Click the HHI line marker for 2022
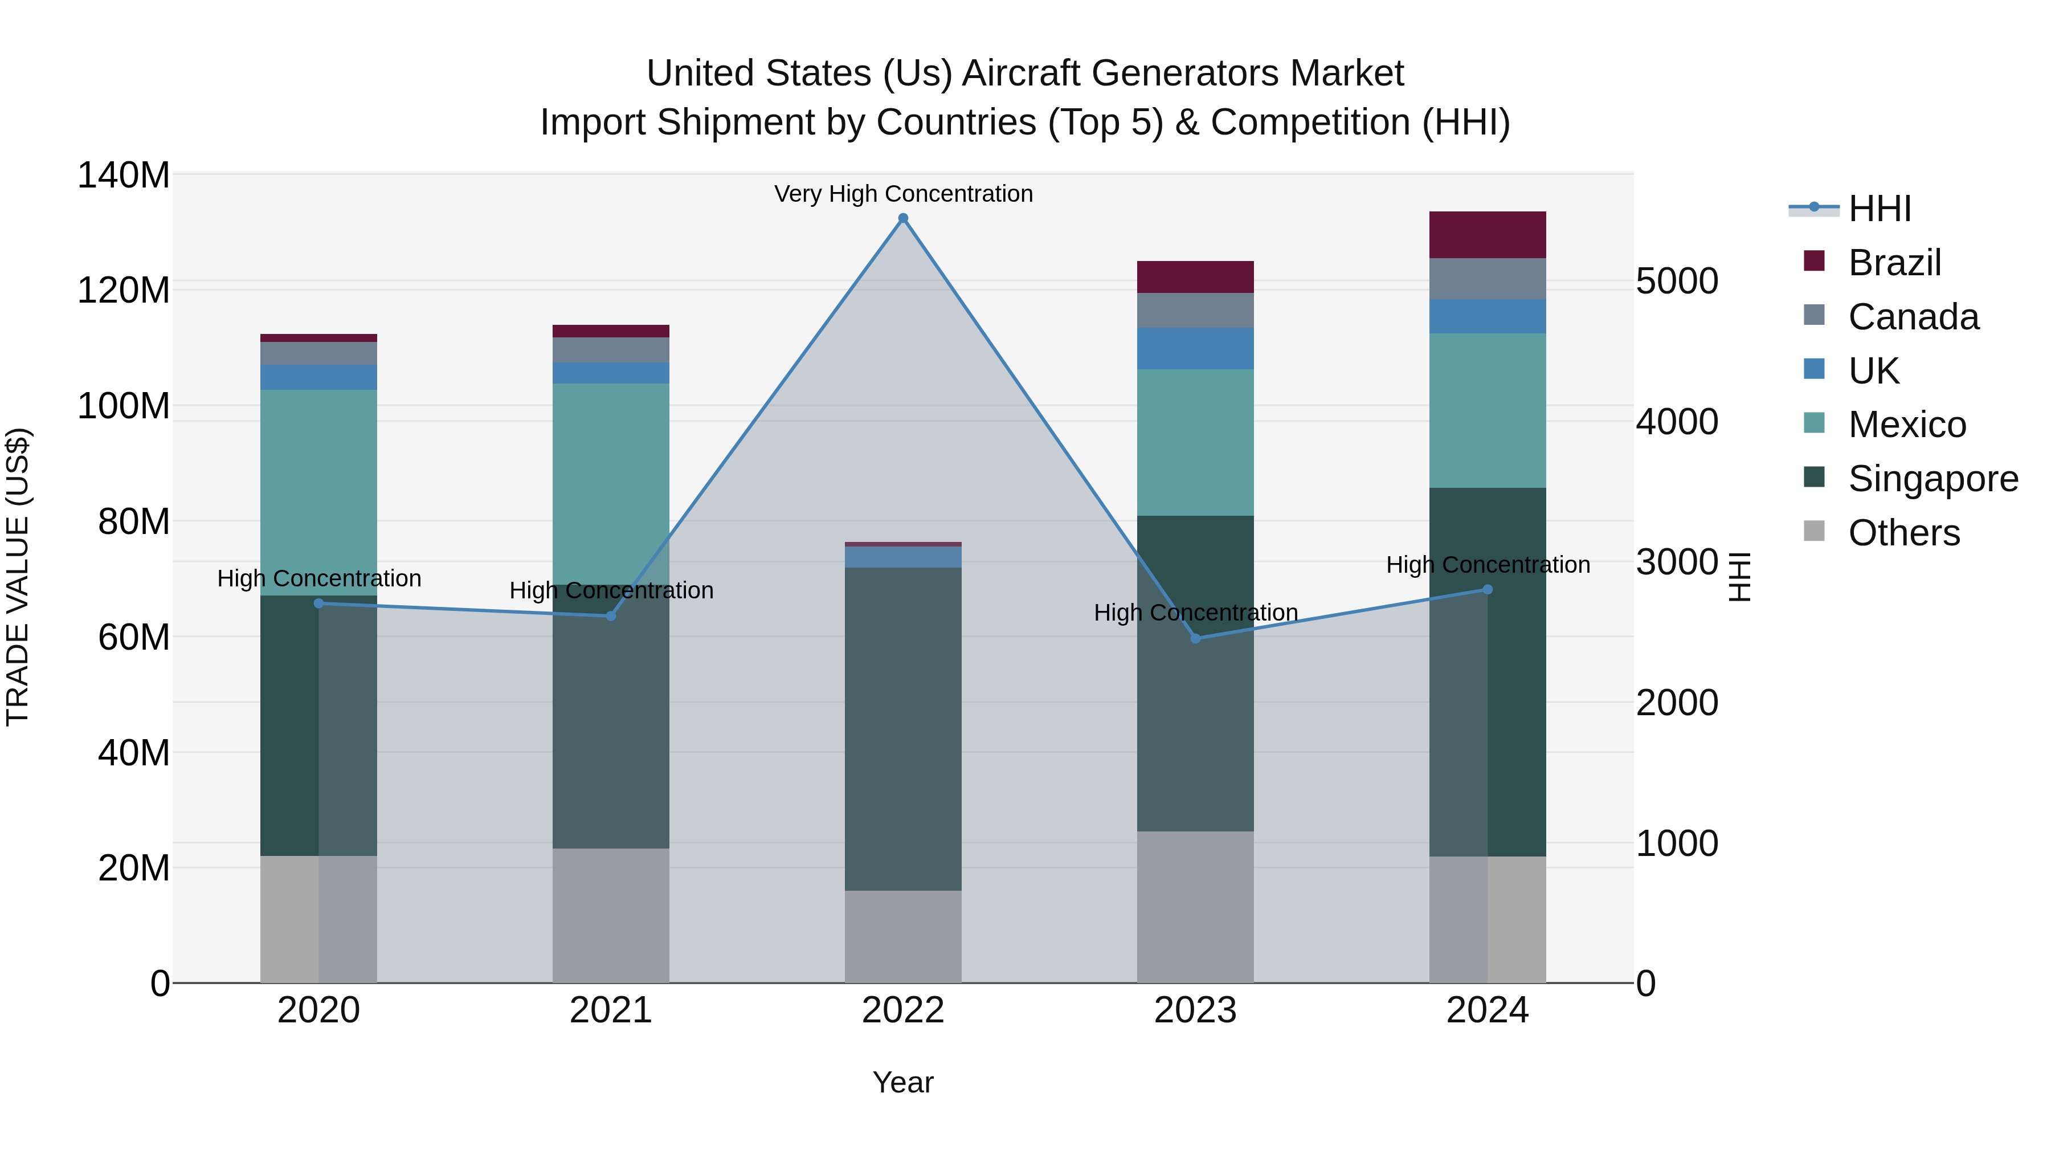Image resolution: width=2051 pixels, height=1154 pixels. (x=903, y=218)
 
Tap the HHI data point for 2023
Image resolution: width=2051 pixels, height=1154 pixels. (x=1195, y=638)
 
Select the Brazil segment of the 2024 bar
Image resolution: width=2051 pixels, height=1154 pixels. (x=1488, y=235)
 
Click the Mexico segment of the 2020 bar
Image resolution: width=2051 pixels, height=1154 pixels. (x=318, y=492)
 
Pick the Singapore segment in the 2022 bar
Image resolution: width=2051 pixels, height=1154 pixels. (x=903, y=729)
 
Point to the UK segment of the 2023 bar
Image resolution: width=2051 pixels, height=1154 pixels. (x=1195, y=348)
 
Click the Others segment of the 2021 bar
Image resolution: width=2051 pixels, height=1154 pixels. (x=611, y=915)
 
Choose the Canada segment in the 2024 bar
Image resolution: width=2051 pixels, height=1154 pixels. (x=1488, y=279)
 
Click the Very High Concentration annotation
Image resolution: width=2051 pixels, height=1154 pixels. (x=903, y=194)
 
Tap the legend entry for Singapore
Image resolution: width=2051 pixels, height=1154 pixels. (x=1932, y=479)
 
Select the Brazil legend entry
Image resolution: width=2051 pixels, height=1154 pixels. (x=1894, y=263)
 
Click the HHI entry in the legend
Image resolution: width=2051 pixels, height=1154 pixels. (x=1879, y=209)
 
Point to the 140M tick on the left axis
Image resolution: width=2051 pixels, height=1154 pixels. (x=124, y=175)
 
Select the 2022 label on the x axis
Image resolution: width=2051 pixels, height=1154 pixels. (x=903, y=1010)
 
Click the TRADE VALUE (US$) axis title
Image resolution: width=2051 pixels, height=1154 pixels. (x=18, y=577)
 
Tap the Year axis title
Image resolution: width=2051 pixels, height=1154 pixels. (x=903, y=1082)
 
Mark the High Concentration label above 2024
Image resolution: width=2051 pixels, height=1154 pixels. (x=1488, y=565)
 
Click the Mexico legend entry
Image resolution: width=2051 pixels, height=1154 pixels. (x=1906, y=425)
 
